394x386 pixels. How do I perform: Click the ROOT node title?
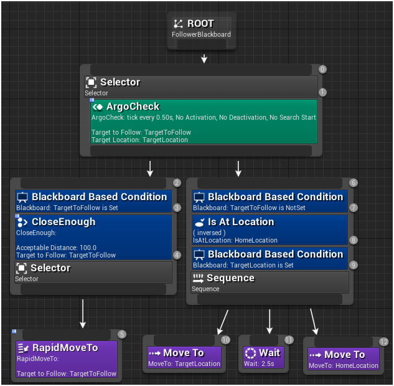point(200,24)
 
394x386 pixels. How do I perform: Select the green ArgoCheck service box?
point(204,121)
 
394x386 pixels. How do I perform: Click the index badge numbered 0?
point(322,69)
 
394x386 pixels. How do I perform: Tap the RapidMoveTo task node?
point(65,359)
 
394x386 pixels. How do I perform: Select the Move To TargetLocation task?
point(184,357)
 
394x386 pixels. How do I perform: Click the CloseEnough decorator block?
point(93,236)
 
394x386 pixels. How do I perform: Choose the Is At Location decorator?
point(270,229)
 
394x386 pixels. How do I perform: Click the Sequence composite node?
point(270,282)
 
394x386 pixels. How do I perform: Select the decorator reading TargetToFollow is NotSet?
point(270,201)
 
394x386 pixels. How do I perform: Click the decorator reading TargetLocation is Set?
point(270,259)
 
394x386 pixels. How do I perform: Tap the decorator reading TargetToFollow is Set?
point(93,201)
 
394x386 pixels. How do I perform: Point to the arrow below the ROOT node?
point(204,59)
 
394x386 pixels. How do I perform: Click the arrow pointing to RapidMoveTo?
point(83,314)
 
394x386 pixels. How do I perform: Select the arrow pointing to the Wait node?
point(270,321)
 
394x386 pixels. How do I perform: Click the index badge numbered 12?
point(383,342)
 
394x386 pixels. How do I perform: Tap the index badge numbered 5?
point(121,334)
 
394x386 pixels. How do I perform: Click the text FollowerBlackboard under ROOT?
point(201,34)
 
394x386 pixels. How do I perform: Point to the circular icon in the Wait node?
point(250,353)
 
